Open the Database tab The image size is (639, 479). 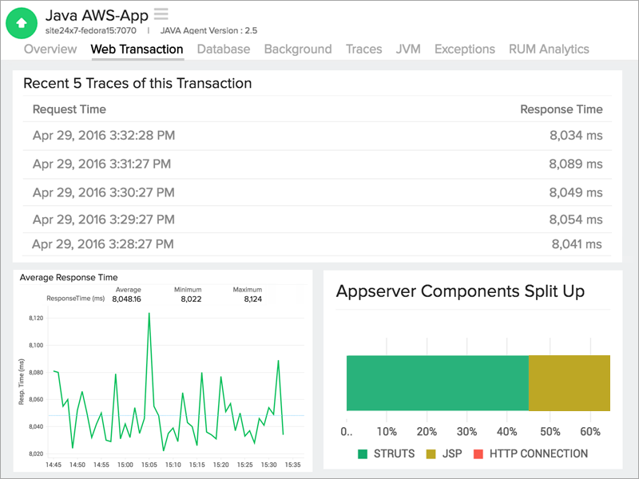click(224, 49)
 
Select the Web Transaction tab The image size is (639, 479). click(137, 49)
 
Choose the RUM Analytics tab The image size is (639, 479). click(549, 49)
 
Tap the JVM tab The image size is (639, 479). click(408, 49)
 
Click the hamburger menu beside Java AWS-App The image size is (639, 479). click(161, 14)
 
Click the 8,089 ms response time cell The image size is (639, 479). click(575, 164)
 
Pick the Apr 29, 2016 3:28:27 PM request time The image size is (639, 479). click(103, 244)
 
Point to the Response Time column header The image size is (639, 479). click(561, 109)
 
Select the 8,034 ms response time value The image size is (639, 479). click(575, 136)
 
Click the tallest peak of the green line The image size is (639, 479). click(149, 314)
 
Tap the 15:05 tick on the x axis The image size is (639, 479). click(149, 465)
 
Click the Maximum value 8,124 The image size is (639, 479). click(247, 299)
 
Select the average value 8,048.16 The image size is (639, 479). click(127, 299)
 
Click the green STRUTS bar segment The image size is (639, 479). click(437, 383)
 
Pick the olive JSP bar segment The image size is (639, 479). click(570, 383)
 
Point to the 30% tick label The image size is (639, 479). click(468, 432)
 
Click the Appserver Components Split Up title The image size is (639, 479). click(460, 291)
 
